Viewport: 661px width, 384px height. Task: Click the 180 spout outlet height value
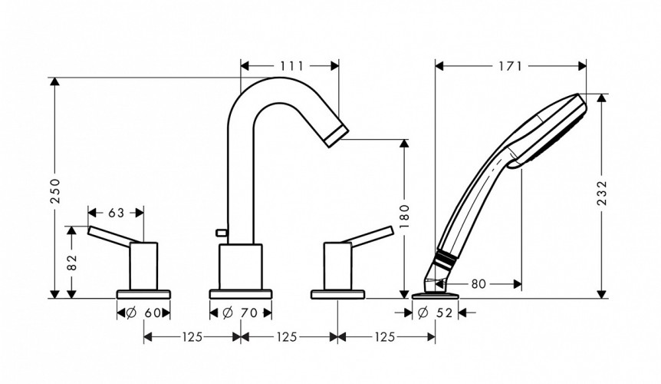coord(405,216)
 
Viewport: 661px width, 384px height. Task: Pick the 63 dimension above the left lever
coord(116,211)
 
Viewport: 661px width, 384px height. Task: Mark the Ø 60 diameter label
coord(143,313)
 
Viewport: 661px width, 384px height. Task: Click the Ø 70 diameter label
coord(240,313)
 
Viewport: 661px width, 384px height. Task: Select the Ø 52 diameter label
coord(435,313)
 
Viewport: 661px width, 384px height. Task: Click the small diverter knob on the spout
coord(222,230)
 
